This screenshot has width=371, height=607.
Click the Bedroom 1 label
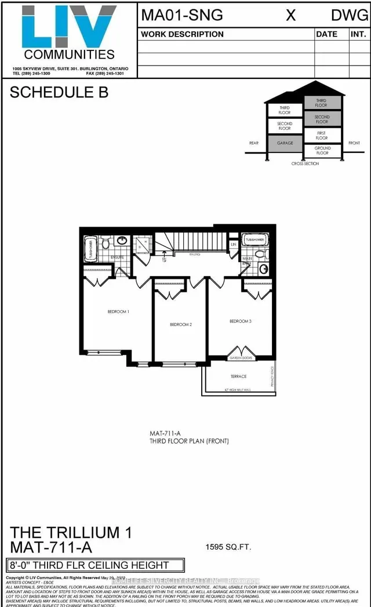118,312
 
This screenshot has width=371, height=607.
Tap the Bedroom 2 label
181,324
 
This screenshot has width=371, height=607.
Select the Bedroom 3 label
240,321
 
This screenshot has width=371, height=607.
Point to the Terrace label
239,376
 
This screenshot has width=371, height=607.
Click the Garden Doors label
239,359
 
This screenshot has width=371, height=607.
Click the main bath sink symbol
264,268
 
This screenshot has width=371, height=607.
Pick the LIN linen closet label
234,245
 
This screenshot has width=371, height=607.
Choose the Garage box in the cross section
285,143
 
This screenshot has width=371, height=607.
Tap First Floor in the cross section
322,136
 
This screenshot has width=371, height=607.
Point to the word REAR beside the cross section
253,143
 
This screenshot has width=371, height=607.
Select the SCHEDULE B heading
59,93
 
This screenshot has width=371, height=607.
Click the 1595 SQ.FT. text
229,546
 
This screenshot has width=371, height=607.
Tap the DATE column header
326,34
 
